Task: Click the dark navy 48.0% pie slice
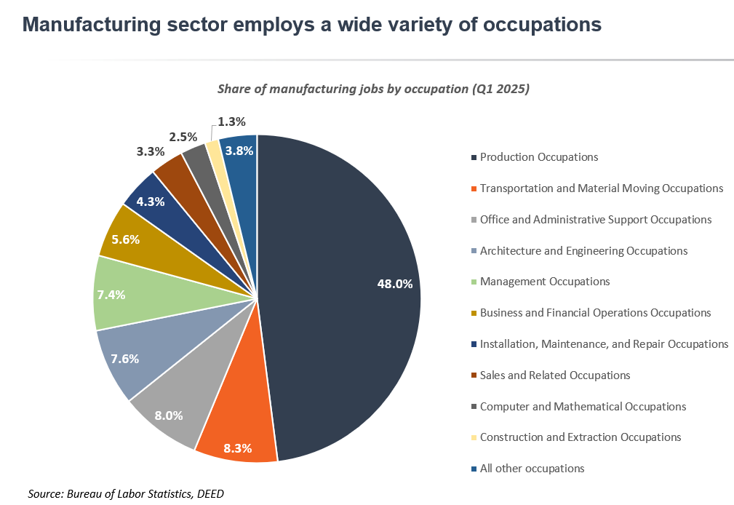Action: [x=342, y=291]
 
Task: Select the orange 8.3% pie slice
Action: [x=234, y=429]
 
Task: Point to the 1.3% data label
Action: [x=231, y=122]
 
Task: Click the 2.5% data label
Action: [x=183, y=136]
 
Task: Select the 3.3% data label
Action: [x=149, y=152]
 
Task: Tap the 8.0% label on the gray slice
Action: [x=169, y=415]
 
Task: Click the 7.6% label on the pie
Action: [x=124, y=359]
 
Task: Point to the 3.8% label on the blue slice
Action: [x=239, y=151]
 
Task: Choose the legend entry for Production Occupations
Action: [x=538, y=157]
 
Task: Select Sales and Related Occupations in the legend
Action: [x=554, y=375]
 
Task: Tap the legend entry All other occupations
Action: [x=532, y=469]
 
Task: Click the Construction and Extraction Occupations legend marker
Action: [x=474, y=438]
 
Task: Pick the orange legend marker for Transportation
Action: [x=474, y=188]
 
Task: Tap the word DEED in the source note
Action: [x=210, y=494]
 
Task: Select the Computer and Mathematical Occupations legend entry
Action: [x=582, y=407]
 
